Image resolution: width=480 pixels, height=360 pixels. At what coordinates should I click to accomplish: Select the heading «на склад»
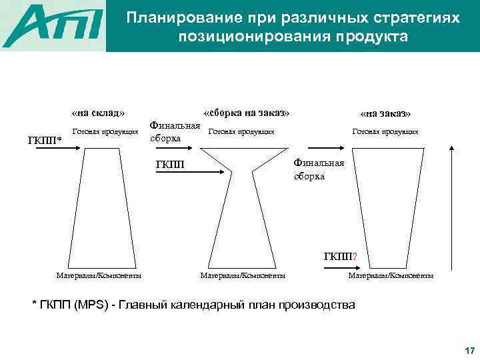pos(99,113)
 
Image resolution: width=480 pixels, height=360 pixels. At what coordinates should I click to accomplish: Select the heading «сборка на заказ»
pos(247,113)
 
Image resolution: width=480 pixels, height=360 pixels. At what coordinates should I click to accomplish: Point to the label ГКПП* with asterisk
pos(44,140)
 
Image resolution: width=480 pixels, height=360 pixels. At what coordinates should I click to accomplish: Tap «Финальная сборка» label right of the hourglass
pos(319,170)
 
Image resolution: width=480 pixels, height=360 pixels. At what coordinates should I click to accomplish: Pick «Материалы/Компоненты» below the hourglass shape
pos(243,275)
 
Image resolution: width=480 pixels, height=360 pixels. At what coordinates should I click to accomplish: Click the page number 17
pos(469,350)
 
